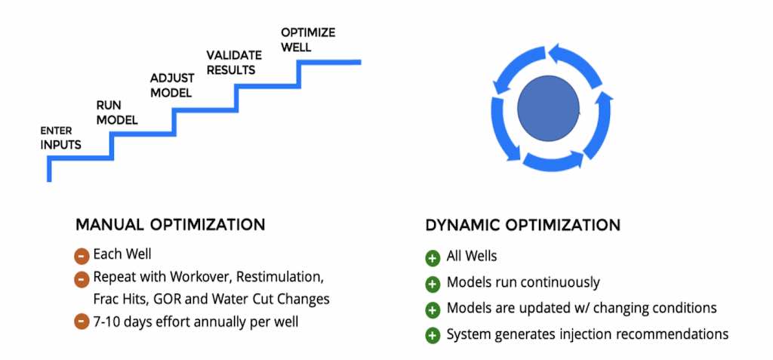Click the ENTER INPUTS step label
[60, 138]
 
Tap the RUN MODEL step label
[117, 112]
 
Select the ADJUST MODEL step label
[171, 85]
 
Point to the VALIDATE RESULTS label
[231, 62]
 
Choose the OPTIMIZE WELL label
[308, 40]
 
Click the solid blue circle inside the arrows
[548, 109]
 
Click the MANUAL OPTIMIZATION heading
[170, 225]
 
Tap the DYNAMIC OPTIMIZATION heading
[522, 226]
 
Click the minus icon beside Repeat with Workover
[82, 279]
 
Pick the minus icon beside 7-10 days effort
[82, 322]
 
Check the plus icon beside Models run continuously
[433, 284]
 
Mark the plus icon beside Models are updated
[433, 309]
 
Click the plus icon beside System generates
[433, 336]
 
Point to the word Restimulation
[280, 277]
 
